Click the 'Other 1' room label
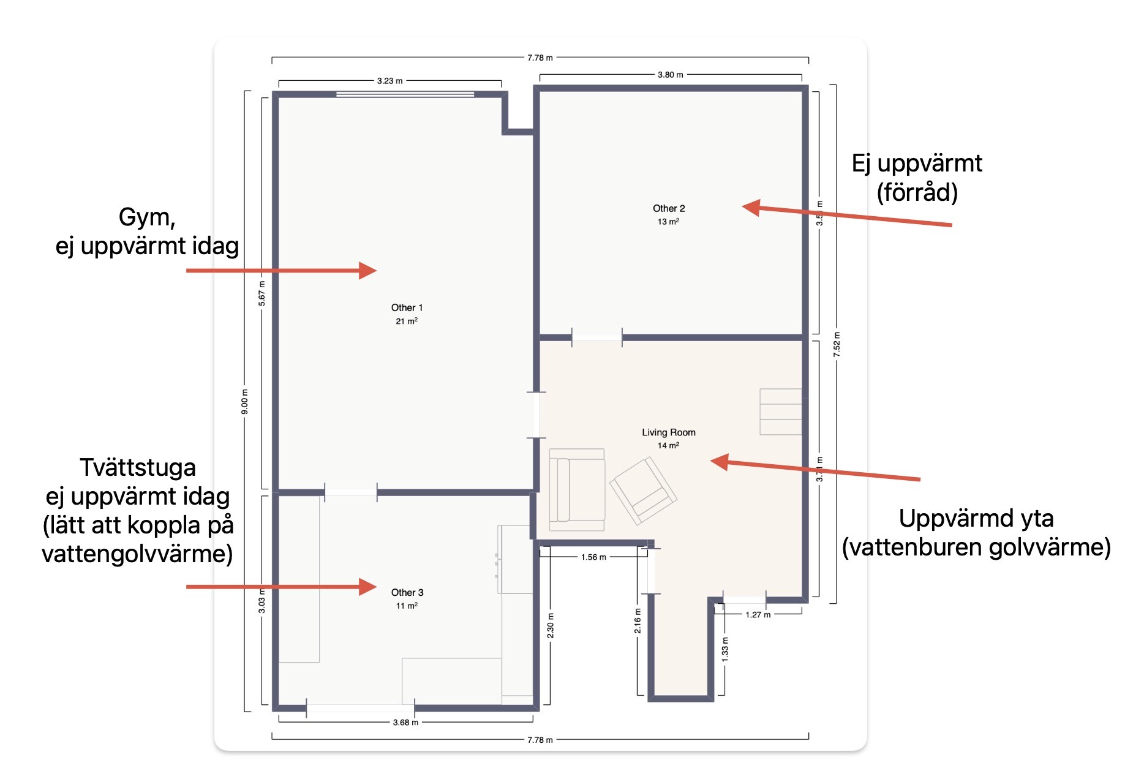407,307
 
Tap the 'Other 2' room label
669,208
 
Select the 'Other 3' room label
407,592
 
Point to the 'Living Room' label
669,432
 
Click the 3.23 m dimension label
390,81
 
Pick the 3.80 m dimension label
671,75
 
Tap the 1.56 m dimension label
593,557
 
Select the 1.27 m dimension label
758,615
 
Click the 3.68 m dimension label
406,723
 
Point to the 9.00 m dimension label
245,402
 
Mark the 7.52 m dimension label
837,345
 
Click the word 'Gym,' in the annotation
147,217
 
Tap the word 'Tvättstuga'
138,467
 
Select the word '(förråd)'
917,192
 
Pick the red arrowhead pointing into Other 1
367,270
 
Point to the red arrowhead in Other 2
751,208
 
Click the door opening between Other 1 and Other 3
351,492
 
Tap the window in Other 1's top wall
405,94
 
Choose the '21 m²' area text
407,321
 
